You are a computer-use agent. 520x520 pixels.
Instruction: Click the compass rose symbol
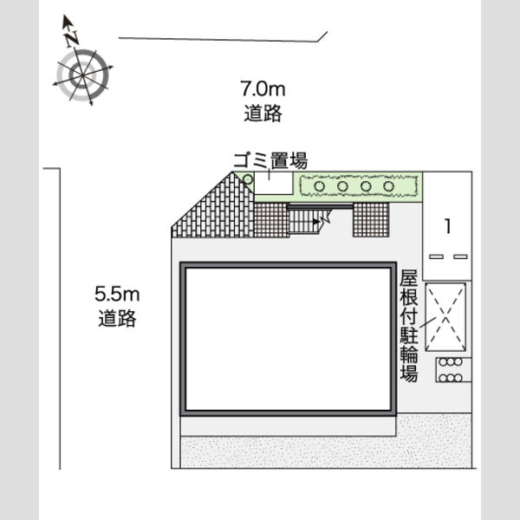pos(82,75)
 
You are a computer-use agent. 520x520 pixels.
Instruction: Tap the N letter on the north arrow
pos(72,38)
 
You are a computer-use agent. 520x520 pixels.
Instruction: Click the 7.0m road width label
pos(263,89)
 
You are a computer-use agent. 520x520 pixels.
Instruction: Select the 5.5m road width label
pos(117,294)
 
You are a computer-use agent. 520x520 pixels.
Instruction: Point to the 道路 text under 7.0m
pos(263,113)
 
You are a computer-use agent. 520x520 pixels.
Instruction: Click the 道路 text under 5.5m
pos(117,318)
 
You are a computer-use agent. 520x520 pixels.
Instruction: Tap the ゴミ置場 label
pos(270,160)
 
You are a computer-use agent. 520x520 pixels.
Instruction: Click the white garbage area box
pos(274,183)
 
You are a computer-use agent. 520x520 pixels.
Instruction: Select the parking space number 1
pos(448,226)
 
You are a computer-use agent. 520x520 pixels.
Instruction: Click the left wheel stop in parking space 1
pos(436,257)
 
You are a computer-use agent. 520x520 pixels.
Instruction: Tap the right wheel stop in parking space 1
pos(460,257)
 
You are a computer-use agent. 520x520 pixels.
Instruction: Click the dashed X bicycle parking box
pos(445,316)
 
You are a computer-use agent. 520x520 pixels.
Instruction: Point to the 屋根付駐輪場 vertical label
pos(408,326)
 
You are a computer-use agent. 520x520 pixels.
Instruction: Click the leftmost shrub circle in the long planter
pos(319,186)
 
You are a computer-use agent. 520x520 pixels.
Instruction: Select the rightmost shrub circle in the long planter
pos(388,186)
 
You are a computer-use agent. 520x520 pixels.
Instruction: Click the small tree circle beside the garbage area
pos(248,179)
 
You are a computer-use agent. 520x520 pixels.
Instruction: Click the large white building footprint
pos(288,339)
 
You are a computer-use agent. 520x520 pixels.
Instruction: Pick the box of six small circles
pos(453,370)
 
